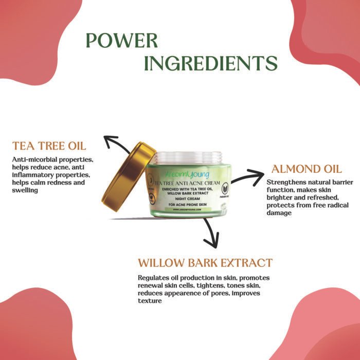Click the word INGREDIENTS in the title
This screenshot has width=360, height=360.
click(211, 63)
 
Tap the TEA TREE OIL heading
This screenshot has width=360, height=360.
click(49, 145)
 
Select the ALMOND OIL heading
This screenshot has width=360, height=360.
click(307, 169)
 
